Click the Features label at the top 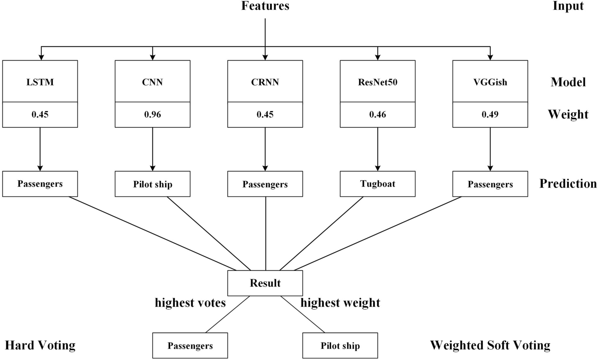coord(265,6)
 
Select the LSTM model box coord(40,82)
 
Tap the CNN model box coord(152,82)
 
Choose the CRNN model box coord(265,82)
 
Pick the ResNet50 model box coord(378,82)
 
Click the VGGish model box coord(490,82)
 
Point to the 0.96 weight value coord(152,115)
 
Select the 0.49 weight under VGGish coord(490,115)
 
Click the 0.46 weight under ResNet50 coord(378,115)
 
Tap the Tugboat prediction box coord(378,184)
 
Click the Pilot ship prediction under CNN coord(152,184)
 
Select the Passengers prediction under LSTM coord(40,184)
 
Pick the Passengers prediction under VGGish coord(490,184)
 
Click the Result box coord(265,283)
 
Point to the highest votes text coord(190,303)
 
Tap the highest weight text coord(340,303)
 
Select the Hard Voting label coord(40,345)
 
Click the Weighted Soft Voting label coord(490,345)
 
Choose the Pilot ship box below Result coord(340,346)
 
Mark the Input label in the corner coord(568,6)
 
